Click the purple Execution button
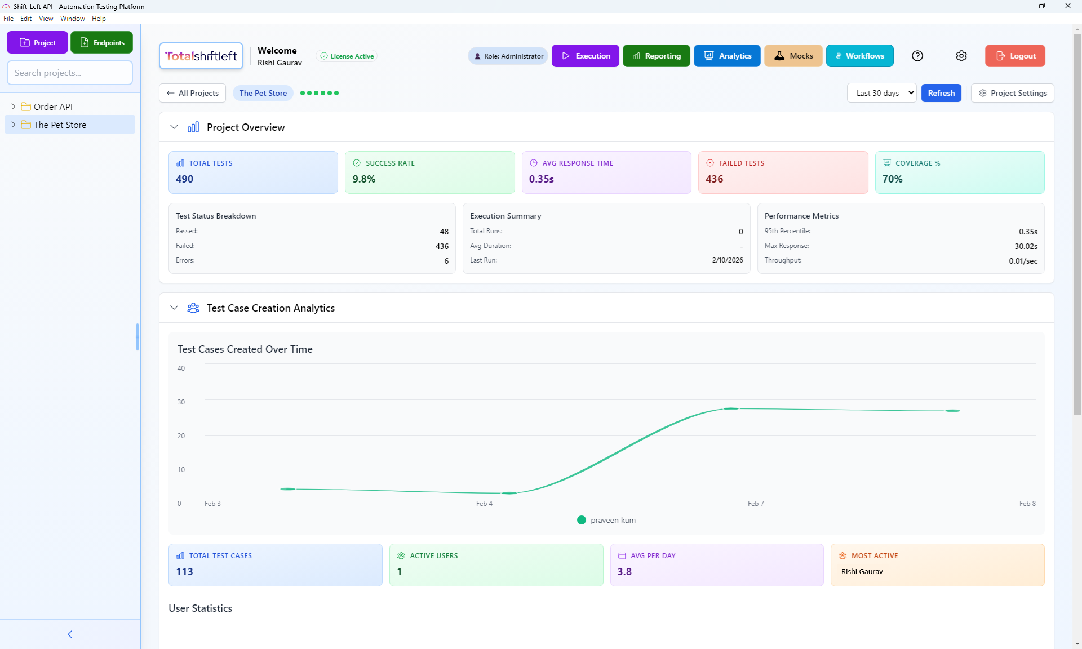[x=585, y=56]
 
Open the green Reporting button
[x=656, y=56]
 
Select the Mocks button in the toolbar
[x=793, y=56]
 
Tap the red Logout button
[x=1015, y=56]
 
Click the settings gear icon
[x=961, y=56]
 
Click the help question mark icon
[x=917, y=56]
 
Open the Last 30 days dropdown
[x=882, y=93]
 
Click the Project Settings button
[x=1013, y=93]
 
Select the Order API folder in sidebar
[x=53, y=106]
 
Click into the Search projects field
[x=70, y=73]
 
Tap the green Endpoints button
[x=102, y=43]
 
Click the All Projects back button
[x=193, y=93]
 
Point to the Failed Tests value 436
[x=714, y=179]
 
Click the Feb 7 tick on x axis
[x=756, y=503]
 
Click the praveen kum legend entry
[x=606, y=520]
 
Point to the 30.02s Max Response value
[x=1026, y=246]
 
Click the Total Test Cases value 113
[x=184, y=572]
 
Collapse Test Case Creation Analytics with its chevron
[x=174, y=308]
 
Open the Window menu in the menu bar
[x=72, y=19]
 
